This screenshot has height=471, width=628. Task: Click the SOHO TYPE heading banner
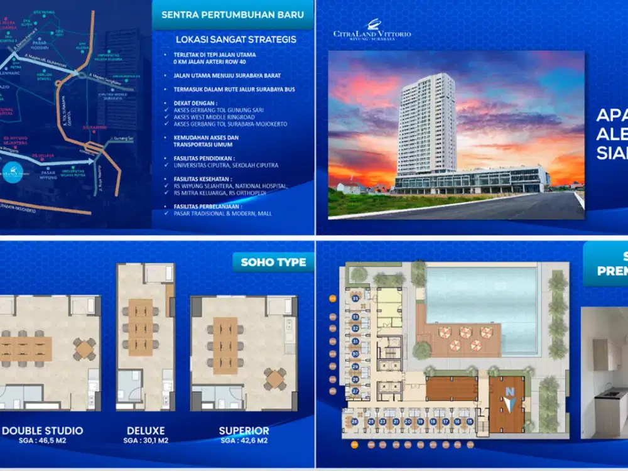click(273, 262)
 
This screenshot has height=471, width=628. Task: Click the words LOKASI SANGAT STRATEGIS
click(236, 40)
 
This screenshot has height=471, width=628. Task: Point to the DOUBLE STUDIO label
click(42, 431)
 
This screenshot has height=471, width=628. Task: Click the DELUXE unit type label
click(145, 431)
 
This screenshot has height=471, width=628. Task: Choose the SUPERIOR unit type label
click(244, 431)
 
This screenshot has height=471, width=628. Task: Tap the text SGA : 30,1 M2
click(145, 441)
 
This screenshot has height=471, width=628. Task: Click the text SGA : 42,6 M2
click(244, 441)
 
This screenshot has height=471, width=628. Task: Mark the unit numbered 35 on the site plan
click(355, 299)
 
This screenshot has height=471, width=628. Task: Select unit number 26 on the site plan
click(355, 421)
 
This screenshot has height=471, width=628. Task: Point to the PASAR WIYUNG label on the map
click(49, 173)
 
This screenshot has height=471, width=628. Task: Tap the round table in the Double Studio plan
click(84, 348)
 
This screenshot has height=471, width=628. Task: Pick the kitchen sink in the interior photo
click(609, 394)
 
